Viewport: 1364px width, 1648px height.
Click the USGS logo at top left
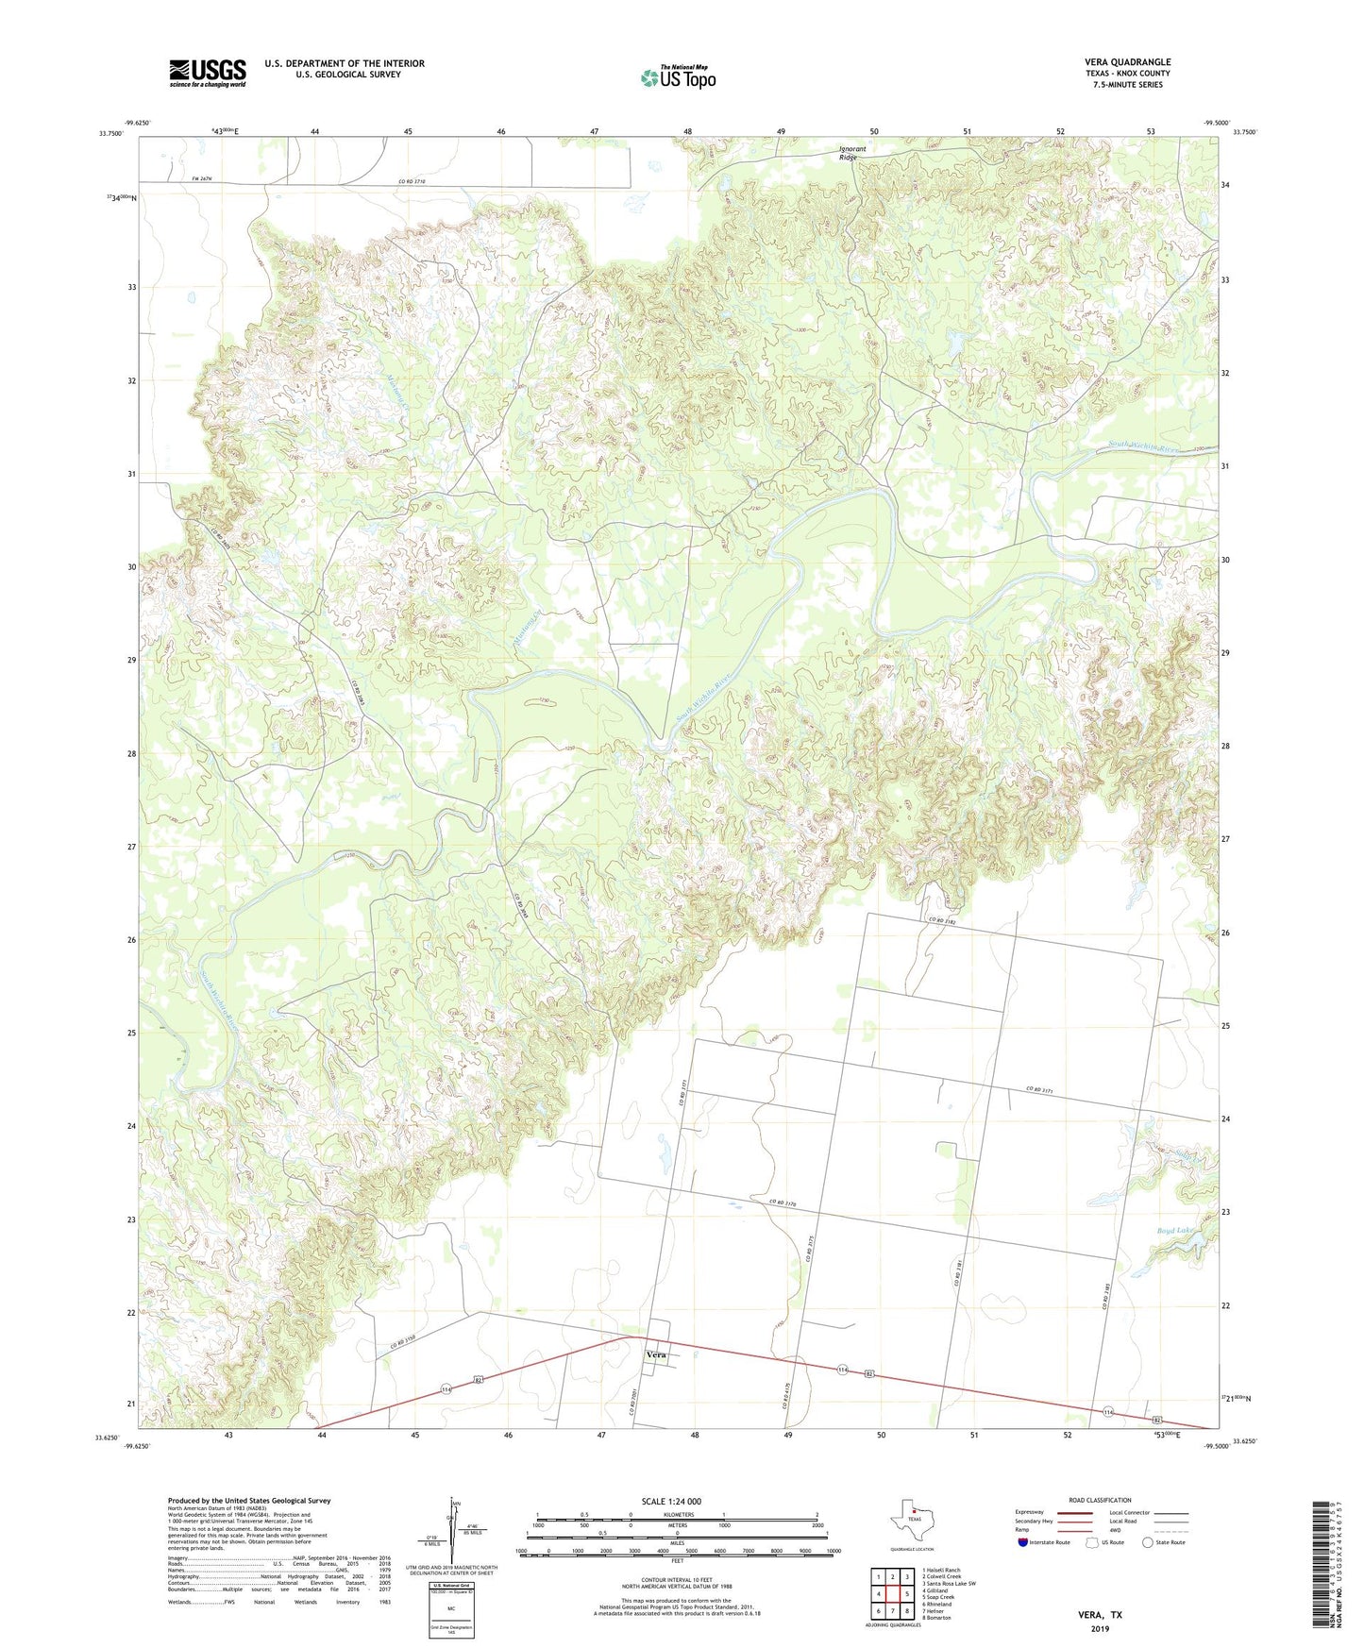(x=208, y=73)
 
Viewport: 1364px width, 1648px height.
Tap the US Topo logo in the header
(x=678, y=77)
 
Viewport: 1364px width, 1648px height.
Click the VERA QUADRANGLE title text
(x=1127, y=62)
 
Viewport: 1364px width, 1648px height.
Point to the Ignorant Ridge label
(x=852, y=153)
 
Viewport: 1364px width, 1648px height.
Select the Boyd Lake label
(x=1175, y=1231)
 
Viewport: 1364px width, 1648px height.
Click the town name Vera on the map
(x=656, y=1354)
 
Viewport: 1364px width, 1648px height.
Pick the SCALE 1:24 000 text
(x=671, y=1501)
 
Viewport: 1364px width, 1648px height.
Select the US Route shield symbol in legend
(x=1093, y=1542)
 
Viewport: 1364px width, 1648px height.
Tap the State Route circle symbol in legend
(x=1148, y=1542)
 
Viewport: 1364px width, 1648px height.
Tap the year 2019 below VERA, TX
(x=1100, y=1628)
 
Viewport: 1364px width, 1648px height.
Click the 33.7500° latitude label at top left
(x=110, y=134)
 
